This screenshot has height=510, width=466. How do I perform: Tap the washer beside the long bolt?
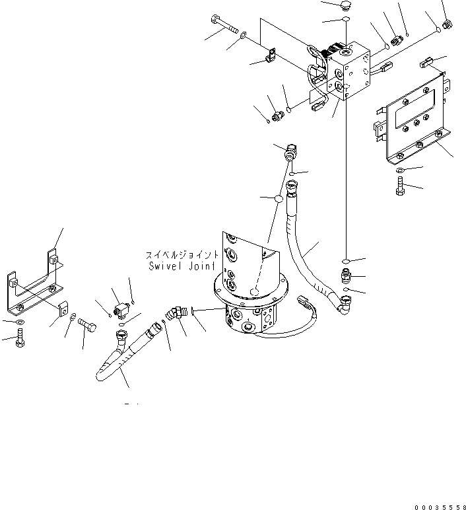pos(245,34)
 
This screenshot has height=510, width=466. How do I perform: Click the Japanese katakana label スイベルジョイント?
pos(182,254)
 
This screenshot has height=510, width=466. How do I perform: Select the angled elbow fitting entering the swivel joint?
pos(176,313)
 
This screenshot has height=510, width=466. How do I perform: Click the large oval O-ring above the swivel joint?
pos(279,198)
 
